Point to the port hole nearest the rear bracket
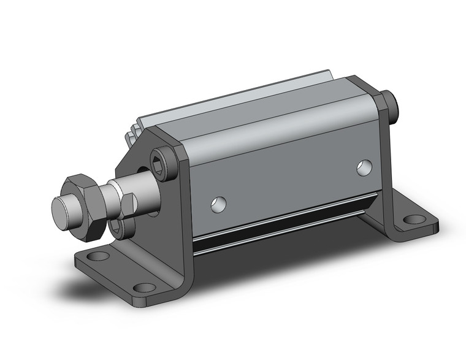click(x=364, y=166)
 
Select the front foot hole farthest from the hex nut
click(x=145, y=286)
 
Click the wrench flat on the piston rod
click(x=128, y=207)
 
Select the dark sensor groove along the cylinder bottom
click(x=276, y=227)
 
